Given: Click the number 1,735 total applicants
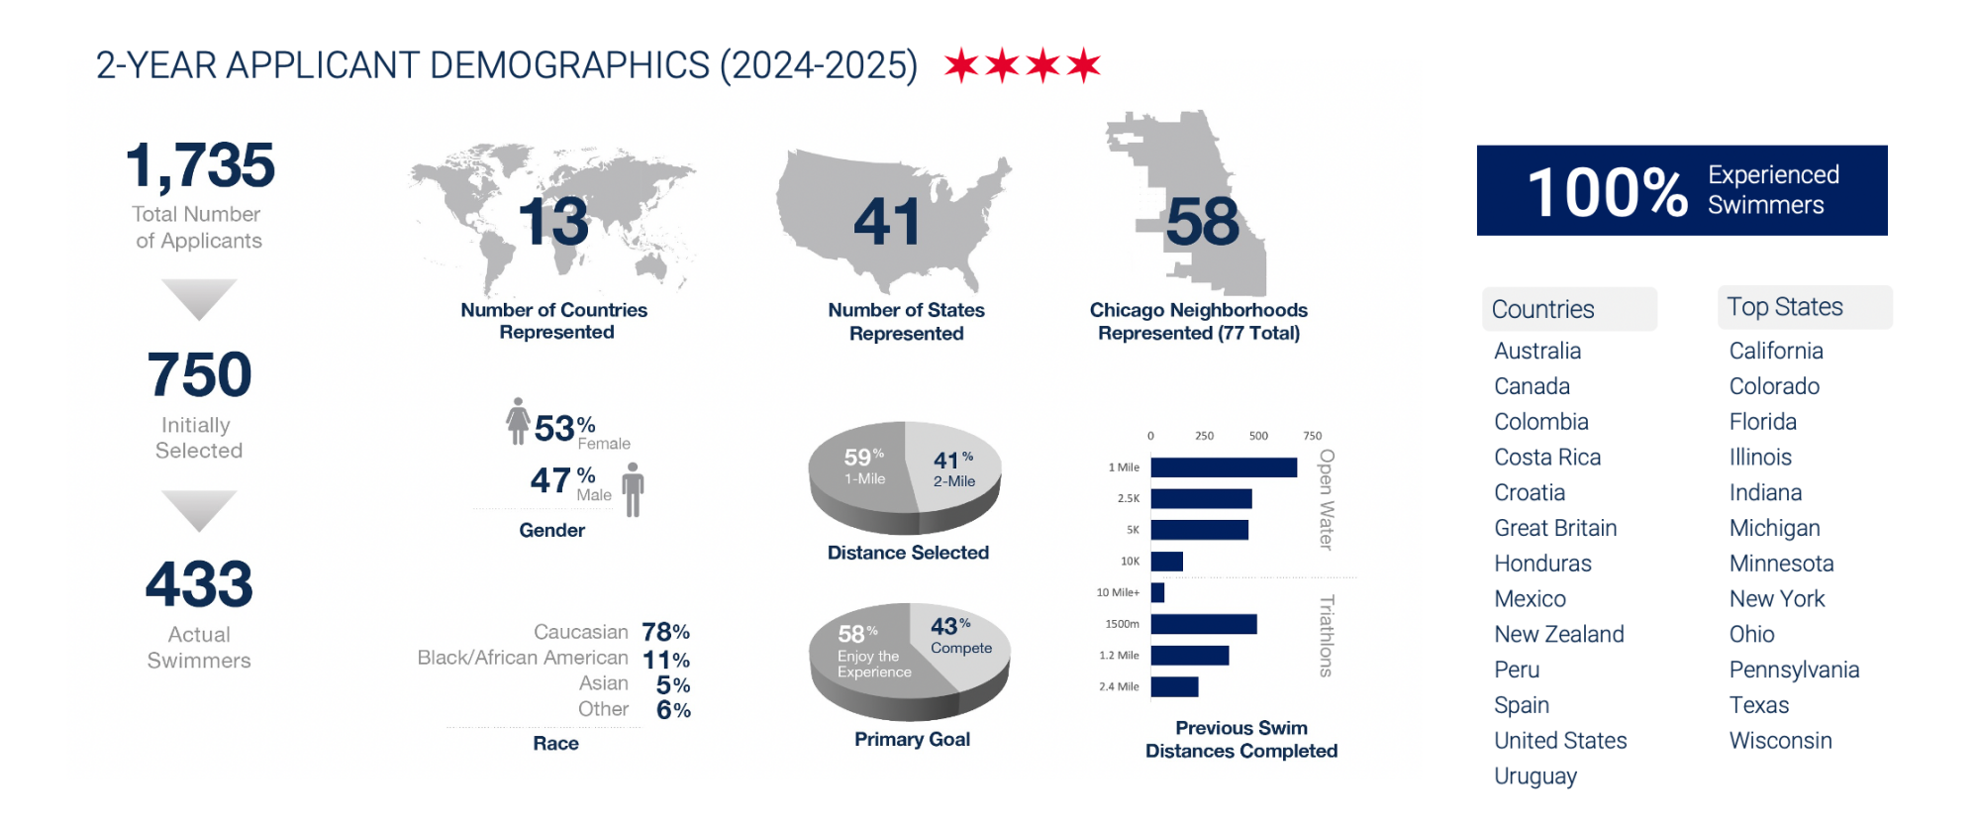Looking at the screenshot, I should tap(200, 165).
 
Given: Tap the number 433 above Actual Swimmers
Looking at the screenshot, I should tap(199, 584).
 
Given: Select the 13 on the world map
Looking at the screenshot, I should tap(553, 222).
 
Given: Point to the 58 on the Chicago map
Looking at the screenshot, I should tap(1202, 222).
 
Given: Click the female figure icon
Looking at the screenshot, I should tap(517, 421).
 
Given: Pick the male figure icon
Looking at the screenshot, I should tap(634, 489).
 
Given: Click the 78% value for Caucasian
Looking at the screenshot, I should tap(665, 632).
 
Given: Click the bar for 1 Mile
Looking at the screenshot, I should tap(1224, 467).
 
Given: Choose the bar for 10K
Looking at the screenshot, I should tap(1167, 562).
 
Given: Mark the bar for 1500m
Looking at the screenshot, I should tap(1204, 624).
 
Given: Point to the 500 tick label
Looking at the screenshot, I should tap(1258, 436).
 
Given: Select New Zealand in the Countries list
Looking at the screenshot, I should tap(1559, 634).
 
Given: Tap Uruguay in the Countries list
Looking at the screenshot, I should tap(1535, 777).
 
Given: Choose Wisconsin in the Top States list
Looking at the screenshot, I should tap(1780, 741).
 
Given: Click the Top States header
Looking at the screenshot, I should tap(1785, 307).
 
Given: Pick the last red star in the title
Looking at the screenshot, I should tap(1084, 65).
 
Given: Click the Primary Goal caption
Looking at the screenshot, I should tap(912, 739).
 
